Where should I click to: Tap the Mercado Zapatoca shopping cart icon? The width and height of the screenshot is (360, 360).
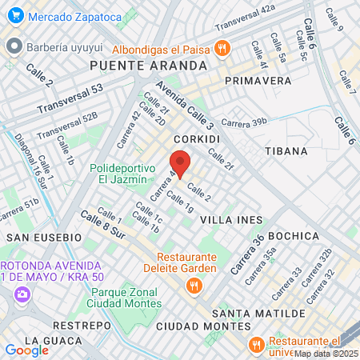13,15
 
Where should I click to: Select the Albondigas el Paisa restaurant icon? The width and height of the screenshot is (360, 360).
222,50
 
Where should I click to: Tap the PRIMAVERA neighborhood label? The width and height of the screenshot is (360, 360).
258,81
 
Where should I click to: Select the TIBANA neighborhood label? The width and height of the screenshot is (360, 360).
286,150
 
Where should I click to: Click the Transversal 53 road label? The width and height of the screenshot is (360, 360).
70,98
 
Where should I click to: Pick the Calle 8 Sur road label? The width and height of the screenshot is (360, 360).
103,224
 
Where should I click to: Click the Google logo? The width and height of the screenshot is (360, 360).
26,350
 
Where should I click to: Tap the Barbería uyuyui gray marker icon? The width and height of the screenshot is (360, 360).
13,46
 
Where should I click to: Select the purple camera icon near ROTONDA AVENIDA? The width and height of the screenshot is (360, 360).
21,294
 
